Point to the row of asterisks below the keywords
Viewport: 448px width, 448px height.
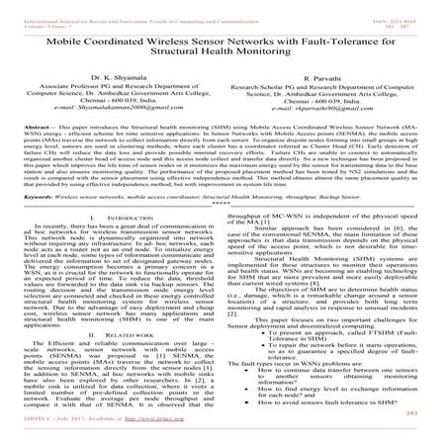[224, 234]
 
